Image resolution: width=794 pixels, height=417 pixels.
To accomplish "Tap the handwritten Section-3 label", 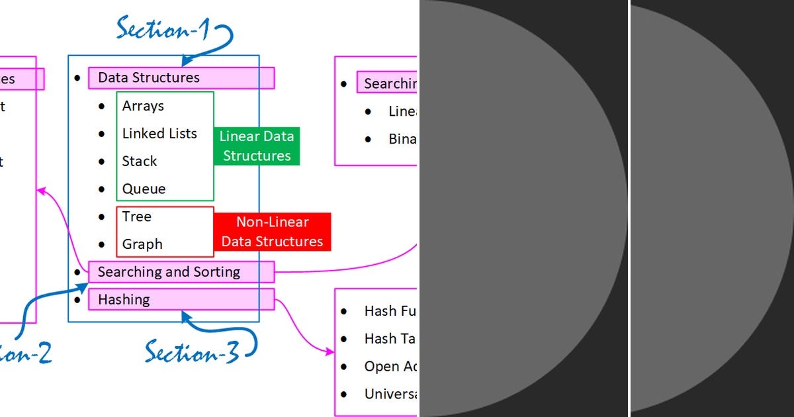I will tap(192, 351).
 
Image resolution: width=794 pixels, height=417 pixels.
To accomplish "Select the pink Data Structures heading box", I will tap(181, 77).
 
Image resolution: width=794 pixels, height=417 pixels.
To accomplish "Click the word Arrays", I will tap(143, 106).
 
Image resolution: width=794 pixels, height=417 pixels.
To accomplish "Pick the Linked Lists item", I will tap(159, 134).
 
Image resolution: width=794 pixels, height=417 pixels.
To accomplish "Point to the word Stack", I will tap(139, 162).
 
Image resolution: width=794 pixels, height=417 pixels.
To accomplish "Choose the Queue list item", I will tap(144, 189).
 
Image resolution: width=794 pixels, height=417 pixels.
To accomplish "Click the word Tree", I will tap(136, 217).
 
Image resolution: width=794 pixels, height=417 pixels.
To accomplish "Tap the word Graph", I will tap(142, 244).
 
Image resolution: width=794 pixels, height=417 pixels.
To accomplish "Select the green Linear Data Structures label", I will tap(257, 146).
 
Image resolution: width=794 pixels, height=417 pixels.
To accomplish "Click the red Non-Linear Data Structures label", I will tap(272, 232).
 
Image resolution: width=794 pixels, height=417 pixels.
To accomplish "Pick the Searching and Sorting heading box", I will tap(181, 272).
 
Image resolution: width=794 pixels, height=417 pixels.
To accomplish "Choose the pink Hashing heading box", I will tap(181, 300).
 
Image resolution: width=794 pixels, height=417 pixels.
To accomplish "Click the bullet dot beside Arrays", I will tap(101, 106).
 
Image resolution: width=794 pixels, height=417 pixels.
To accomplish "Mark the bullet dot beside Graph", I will tap(101, 244).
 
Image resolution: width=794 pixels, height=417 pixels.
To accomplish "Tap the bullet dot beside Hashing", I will tap(77, 300).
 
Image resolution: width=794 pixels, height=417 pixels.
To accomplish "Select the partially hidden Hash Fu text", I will tap(390, 311).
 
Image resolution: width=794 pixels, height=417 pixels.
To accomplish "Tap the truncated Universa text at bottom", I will tap(390, 394).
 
